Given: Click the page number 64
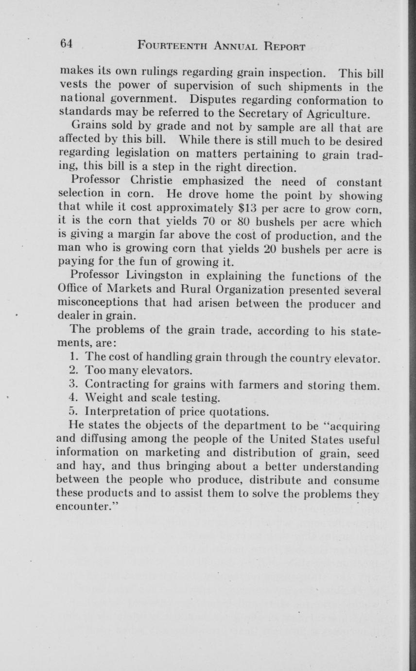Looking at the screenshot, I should [66, 43].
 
